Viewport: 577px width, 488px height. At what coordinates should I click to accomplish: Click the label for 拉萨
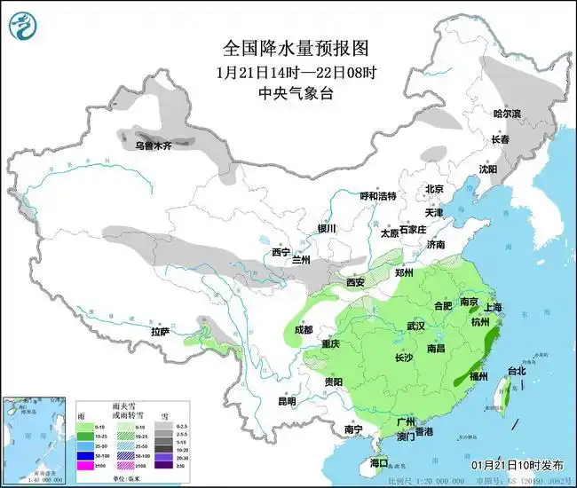[x=160, y=331]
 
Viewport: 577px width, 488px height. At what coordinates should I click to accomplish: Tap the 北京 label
[x=433, y=189]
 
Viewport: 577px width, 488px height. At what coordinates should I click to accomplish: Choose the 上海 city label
[x=494, y=307]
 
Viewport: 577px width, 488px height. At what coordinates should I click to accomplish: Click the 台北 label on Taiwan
[x=516, y=371]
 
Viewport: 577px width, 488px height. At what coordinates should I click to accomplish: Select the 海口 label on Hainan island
[x=379, y=463]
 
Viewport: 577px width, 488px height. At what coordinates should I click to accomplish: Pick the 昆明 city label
[x=287, y=400]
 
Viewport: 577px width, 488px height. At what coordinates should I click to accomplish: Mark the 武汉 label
[x=416, y=327]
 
